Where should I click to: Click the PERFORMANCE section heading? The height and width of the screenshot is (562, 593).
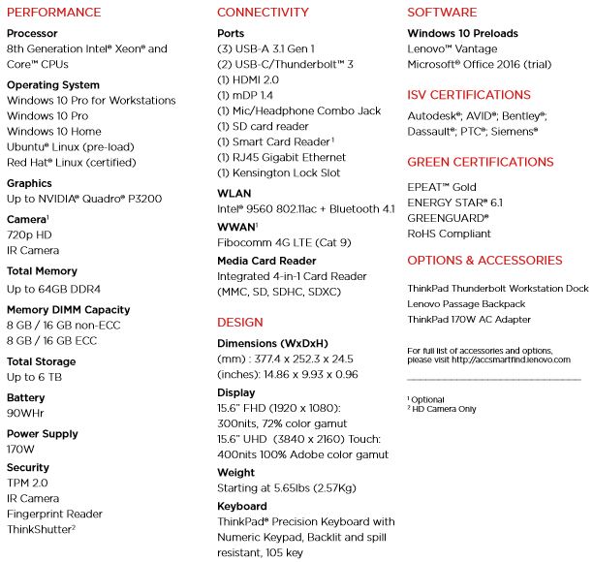click(53, 13)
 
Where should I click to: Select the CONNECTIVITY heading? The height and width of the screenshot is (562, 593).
click(263, 13)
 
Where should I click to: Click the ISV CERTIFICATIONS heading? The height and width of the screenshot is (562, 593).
click(469, 95)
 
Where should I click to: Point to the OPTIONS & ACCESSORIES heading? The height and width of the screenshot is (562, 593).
click(484, 261)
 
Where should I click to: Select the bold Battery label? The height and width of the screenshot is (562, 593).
click(25, 397)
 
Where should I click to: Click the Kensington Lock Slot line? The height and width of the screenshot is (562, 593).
click(278, 172)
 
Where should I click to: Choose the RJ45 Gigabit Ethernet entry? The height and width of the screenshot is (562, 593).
click(281, 157)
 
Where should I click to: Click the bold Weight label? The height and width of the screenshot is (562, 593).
click(235, 472)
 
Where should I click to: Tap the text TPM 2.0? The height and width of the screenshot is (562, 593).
click(27, 483)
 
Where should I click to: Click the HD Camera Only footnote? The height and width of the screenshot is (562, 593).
click(444, 409)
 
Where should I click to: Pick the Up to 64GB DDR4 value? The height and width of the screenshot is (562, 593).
click(55, 289)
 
